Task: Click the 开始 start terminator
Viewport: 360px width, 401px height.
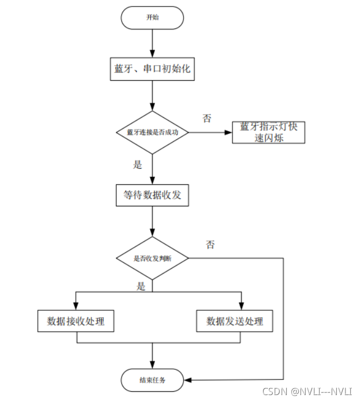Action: pyautogui.click(x=152, y=18)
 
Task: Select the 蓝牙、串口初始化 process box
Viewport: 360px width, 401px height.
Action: pyautogui.click(x=152, y=70)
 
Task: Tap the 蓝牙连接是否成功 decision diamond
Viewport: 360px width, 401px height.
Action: pyautogui.click(x=152, y=132)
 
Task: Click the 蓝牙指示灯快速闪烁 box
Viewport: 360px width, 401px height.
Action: pyautogui.click(x=269, y=132)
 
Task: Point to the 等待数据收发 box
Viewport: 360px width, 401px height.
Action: pyautogui.click(x=152, y=195)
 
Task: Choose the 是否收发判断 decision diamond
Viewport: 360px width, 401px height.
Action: pyautogui.click(x=152, y=259)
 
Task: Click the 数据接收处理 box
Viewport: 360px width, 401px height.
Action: pyautogui.click(x=76, y=321)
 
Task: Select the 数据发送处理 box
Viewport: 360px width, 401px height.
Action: pyautogui.click(x=235, y=321)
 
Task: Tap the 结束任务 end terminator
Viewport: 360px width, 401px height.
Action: pyautogui.click(x=152, y=380)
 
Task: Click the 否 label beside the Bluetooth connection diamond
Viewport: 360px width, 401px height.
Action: pyautogui.click(x=207, y=118)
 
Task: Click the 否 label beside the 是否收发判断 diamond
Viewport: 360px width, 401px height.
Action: pyautogui.click(x=210, y=245)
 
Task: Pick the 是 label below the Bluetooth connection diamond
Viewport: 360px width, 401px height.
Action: pyautogui.click(x=138, y=165)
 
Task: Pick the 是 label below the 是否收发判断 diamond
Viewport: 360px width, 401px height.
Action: pyautogui.click(x=141, y=287)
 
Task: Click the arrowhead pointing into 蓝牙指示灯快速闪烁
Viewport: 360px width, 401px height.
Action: pyautogui.click(x=229, y=132)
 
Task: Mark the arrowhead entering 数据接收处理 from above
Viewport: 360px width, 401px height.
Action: pyautogui.click(x=76, y=307)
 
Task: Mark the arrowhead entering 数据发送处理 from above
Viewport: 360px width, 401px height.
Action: pyautogui.click(x=241, y=307)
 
